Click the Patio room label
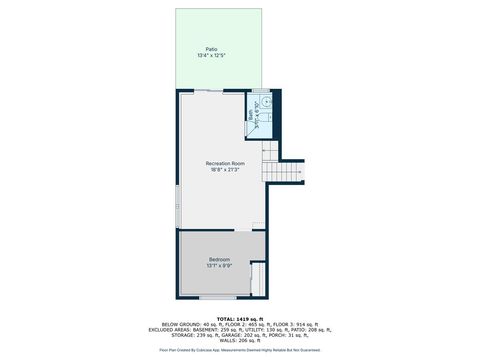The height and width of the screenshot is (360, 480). coord(212,49)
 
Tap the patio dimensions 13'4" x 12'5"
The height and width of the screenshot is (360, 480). coord(212,55)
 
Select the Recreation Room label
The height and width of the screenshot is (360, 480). coord(226,163)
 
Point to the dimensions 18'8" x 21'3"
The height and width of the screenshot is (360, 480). coord(226,169)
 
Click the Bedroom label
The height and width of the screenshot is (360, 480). coord(219,259)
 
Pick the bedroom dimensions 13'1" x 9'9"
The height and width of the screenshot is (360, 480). coord(219,265)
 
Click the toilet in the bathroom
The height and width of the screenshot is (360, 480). coord(266,101)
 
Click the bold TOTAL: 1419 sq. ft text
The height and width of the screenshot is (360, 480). coord(240,317)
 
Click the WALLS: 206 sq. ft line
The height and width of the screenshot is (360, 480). coord(240,340)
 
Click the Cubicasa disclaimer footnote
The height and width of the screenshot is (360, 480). coord(240,350)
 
